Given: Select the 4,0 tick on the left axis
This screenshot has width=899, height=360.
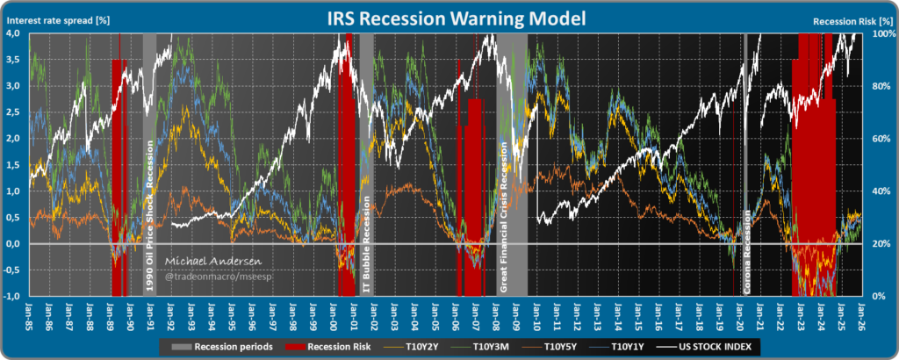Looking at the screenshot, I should click(14, 33).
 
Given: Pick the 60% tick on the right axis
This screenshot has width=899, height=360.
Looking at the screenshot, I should click(881, 139).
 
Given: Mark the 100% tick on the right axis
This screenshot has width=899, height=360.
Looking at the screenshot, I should click(882, 33).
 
